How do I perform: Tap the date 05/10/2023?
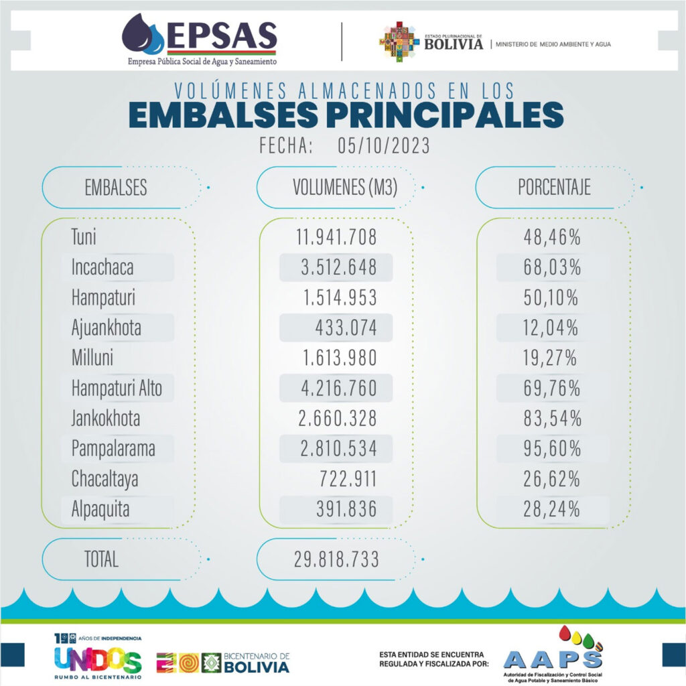tap(381, 145)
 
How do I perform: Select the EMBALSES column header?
tap(115, 188)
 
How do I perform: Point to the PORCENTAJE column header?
tap(554, 188)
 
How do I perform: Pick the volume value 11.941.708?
tap(336, 237)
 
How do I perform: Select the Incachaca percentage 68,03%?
tap(552, 267)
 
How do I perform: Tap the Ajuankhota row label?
tap(106, 328)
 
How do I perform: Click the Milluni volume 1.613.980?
tap(336, 358)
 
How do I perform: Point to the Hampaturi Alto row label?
tap(117, 388)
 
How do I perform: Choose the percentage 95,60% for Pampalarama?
tap(552, 448)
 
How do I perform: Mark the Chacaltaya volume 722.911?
tap(346, 479)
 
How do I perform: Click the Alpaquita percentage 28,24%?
tap(552, 509)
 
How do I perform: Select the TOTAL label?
tap(101, 559)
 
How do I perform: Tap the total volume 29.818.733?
tap(336, 559)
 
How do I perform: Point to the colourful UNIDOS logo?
tap(98, 661)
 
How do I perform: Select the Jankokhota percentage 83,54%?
tap(552, 419)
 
